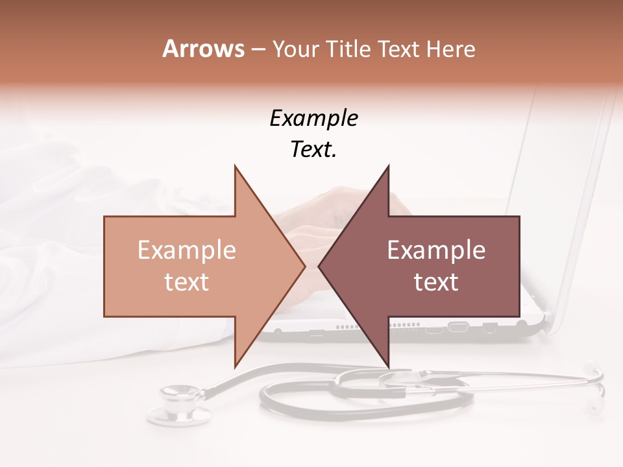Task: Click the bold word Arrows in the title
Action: pyautogui.click(x=203, y=49)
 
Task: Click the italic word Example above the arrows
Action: pyautogui.click(x=313, y=119)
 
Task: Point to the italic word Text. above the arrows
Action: pyautogui.click(x=313, y=149)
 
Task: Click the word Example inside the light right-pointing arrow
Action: pyautogui.click(x=187, y=250)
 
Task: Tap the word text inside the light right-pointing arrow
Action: pyautogui.click(x=187, y=281)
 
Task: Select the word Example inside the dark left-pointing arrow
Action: pyautogui.click(x=436, y=250)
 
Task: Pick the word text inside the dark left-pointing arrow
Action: pyautogui.click(x=436, y=281)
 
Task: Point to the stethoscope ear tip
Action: pyautogui.click(x=593, y=407)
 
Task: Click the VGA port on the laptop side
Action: pyautogui.click(x=458, y=327)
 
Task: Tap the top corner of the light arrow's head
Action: pyautogui.click(x=235, y=166)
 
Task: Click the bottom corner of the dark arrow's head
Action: pyautogui.click(x=389, y=366)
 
